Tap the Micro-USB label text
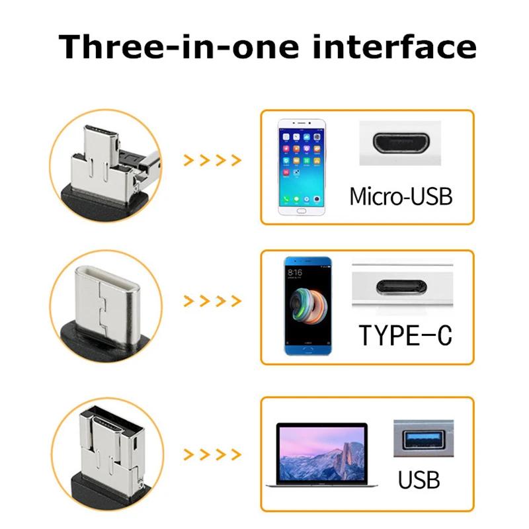click(401, 196)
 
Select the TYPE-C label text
click(405, 335)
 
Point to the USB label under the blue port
click(419, 479)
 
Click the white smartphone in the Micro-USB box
click(304, 168)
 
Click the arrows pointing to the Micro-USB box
click(212, 160)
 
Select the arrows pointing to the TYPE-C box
click(212, 302)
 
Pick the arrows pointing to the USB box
click(212, 454)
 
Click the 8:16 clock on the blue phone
click(295, 272)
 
